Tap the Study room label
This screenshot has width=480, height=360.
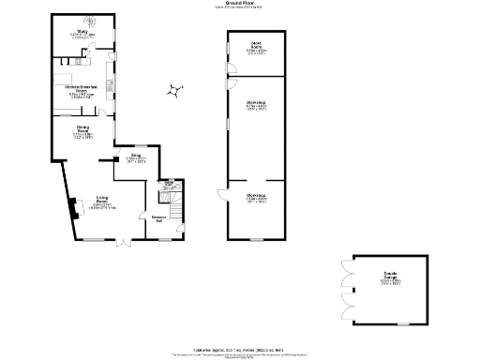tap(82, 34)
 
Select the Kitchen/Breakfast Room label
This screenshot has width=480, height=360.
tap(82, 91)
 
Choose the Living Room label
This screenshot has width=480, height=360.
tap(103, 202)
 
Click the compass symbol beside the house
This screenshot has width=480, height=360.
tap(175, 90)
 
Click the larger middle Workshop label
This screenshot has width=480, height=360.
tap(256, 107)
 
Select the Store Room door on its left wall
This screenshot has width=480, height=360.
tap(229, 71)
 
